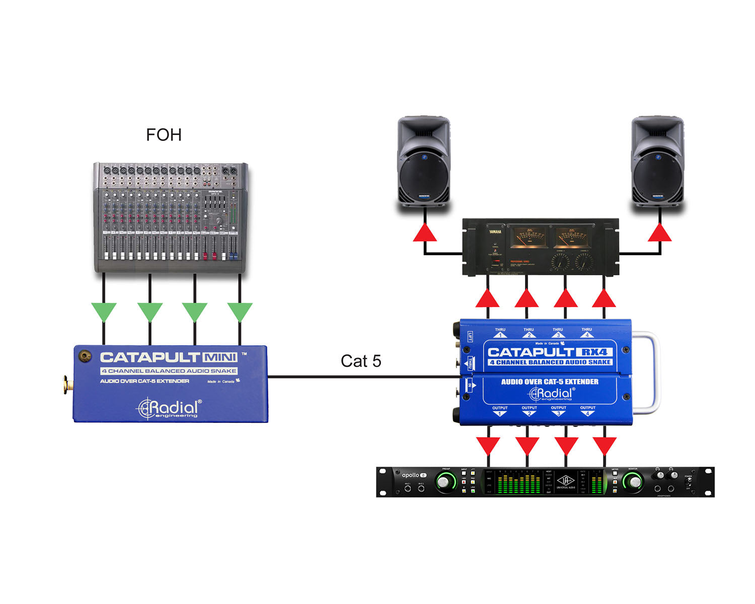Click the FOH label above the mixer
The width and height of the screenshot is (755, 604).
coord(164,135)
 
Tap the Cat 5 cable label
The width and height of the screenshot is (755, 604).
coord(361,361)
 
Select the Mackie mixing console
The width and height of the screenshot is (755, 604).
coord(171,217)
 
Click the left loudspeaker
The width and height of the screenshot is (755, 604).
coord(424,161)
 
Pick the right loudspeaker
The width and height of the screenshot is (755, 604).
coord(658,161)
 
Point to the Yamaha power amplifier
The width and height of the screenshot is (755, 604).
coord(541,247)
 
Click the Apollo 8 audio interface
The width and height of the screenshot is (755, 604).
coord(545,482)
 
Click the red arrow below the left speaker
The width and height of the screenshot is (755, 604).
coord(425,233)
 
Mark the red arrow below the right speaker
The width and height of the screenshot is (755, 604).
coord(659,233)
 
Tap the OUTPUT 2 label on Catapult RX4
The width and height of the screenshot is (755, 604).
coord(529,411)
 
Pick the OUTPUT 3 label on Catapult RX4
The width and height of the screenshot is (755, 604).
coord(558,411)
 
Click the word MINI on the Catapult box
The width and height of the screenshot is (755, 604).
coord(220,358)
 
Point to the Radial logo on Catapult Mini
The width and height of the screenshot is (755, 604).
coord(170,408)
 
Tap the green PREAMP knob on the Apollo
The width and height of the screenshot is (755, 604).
coord(443,483)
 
